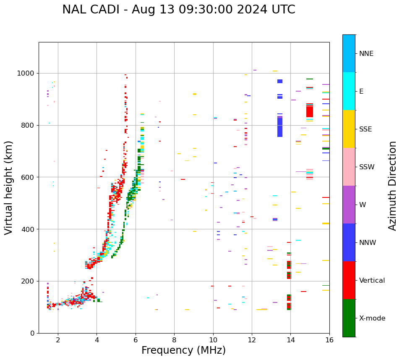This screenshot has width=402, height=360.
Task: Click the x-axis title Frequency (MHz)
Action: (183, 350)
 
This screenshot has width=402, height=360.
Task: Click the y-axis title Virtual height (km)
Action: (9, 187)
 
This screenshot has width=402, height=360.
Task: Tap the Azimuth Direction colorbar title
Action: (392, 186)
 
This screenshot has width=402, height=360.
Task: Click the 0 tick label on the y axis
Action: (33, 333)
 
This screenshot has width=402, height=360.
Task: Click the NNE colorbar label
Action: (366, 54)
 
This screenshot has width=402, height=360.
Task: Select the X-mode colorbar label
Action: (372, 318)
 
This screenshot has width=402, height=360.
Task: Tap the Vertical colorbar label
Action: (372, 281)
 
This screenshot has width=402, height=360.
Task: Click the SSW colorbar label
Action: (367, 167)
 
